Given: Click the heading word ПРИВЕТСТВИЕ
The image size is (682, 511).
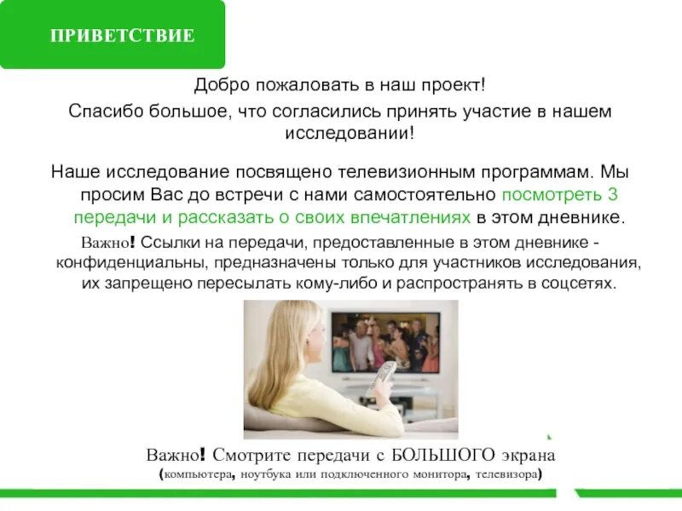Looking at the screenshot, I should click(x=123, y=36).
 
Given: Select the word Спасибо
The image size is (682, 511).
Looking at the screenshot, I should click(x=101, y=112).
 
